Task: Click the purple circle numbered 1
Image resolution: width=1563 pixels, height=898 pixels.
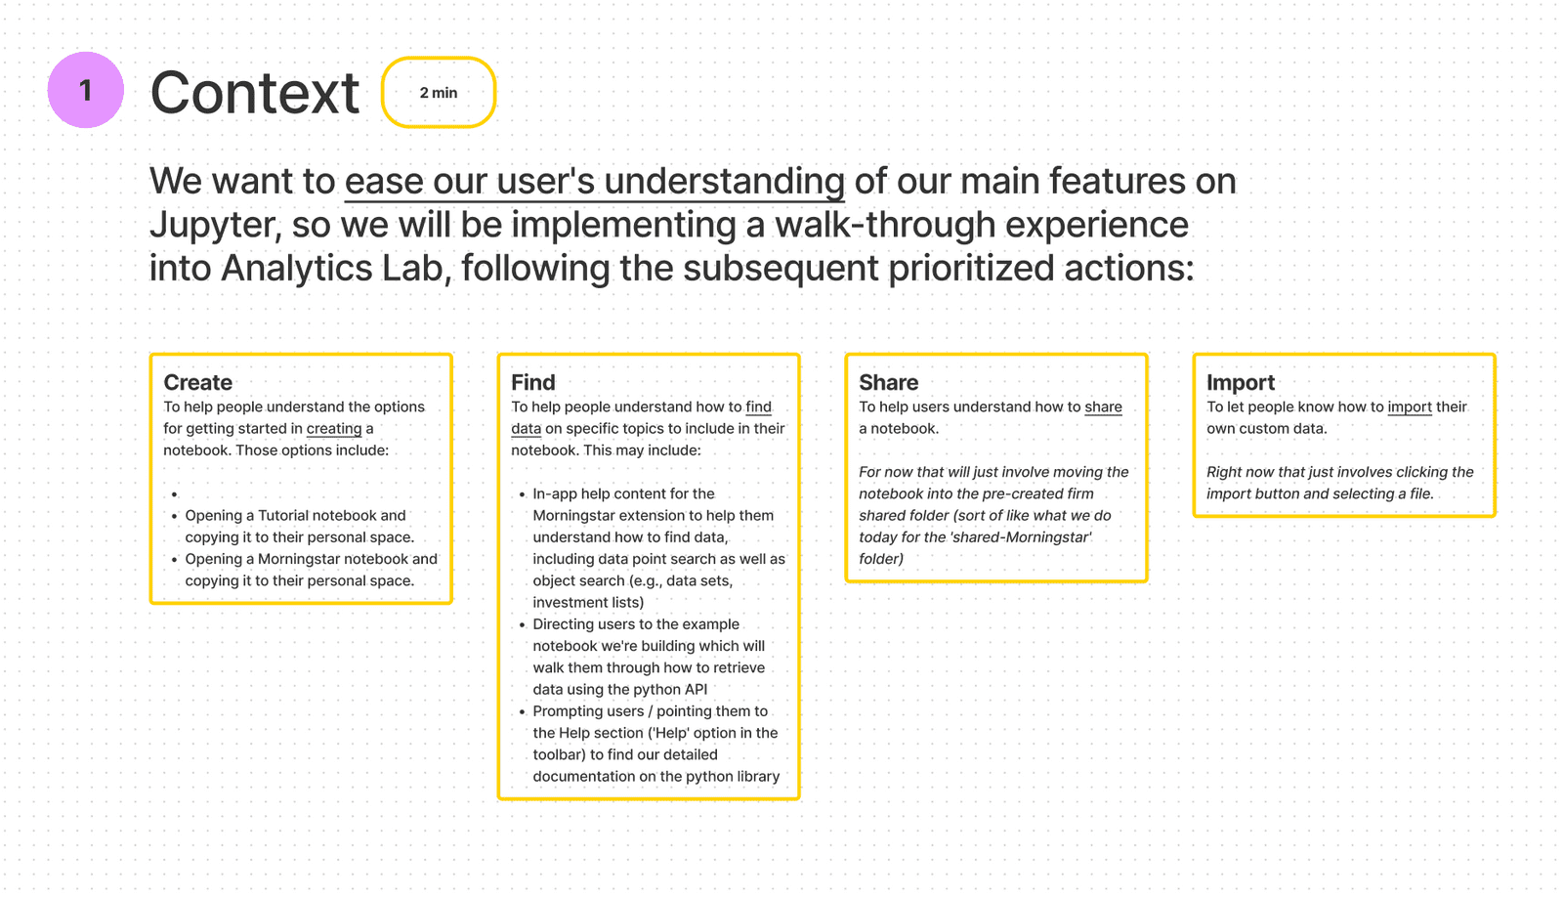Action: point(86,90)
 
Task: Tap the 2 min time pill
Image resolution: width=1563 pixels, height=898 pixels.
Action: point(439,92)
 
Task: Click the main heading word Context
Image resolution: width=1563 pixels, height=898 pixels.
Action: point(255,92)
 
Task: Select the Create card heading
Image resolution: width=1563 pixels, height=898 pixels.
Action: point(197,382)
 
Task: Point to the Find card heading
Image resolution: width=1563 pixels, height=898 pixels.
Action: point(533,382)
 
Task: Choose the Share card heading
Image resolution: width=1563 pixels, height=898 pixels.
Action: point(888,382)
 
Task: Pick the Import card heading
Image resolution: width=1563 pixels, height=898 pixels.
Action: point(1241,382)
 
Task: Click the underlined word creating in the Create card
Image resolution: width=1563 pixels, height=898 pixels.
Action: point(334,428)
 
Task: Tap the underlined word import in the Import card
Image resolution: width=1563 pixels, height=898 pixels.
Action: point(1410,406)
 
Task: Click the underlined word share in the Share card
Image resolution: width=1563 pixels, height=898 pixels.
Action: point(1103,406)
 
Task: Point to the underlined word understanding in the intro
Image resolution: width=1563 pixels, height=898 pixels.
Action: point(724,182)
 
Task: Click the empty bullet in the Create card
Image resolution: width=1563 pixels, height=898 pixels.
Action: point(175,494)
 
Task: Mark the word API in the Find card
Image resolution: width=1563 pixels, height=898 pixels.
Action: point(695,689)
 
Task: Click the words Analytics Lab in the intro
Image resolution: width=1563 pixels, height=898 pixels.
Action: point(331,268)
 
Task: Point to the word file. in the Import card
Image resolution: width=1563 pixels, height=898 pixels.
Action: point(1421,493)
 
